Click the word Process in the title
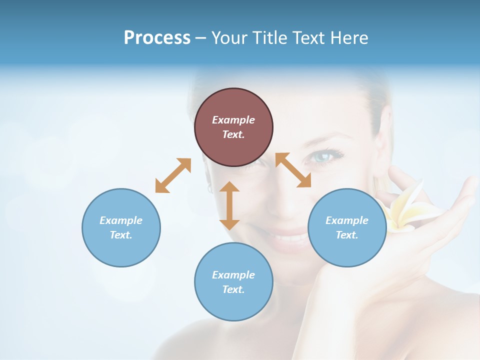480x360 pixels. click(157, 38)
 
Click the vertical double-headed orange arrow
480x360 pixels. click(229, 205)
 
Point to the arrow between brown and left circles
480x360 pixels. click(173, 175)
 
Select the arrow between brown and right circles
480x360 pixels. click(293, 170)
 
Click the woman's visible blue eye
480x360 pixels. click(322, 157)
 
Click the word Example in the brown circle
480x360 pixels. click(233, 120)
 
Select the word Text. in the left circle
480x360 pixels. click(121, 235)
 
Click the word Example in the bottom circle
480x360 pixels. click(233, 275)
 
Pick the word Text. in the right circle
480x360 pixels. click(347, 235)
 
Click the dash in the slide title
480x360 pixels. click(201, 38)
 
